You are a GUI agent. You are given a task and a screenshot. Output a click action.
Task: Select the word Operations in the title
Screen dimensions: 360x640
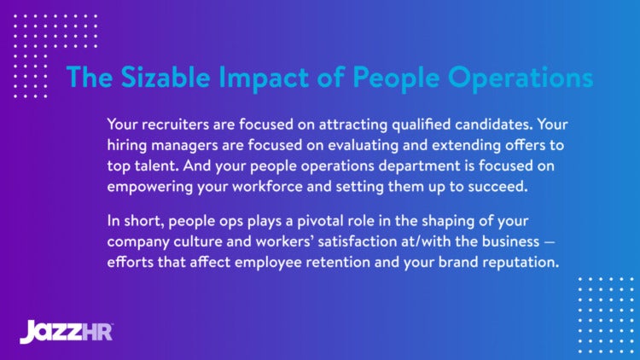[x=510, y=77]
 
